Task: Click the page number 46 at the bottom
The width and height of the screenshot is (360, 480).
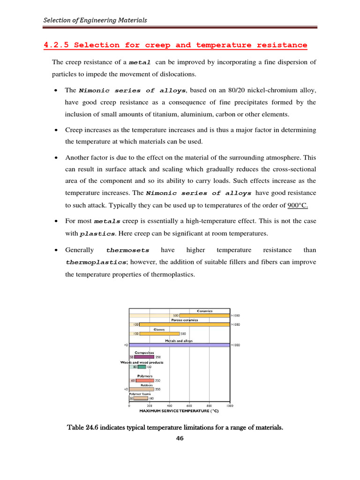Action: pyautogui.click(x=180, y=439)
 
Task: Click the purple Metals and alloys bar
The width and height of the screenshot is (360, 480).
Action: pyautogui.click(x=180, y=345)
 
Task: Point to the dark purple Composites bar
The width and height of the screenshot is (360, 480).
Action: pyautogui.click(x=144, y=357)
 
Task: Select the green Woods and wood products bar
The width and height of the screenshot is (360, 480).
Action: pyautogui.click(x=142, y=367)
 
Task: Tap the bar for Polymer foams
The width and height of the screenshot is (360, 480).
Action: pyautogui.click(x=141, y=398)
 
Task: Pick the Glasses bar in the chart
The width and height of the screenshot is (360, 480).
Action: pyautogui.click(x=159, y=334)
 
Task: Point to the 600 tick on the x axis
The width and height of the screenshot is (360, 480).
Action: pyautogui.click(x=189, y=405)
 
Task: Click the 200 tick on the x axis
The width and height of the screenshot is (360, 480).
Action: pyautogui.click(x=150, y=405)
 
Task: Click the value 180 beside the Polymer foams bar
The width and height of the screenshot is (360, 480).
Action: pyautogui.click(x=151, y=398)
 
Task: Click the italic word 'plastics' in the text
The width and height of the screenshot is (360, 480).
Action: pyautogui.click(x=97, y=233)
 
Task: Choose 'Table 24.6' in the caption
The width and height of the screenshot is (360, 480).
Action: pyautogui.click(x=85, y=427)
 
